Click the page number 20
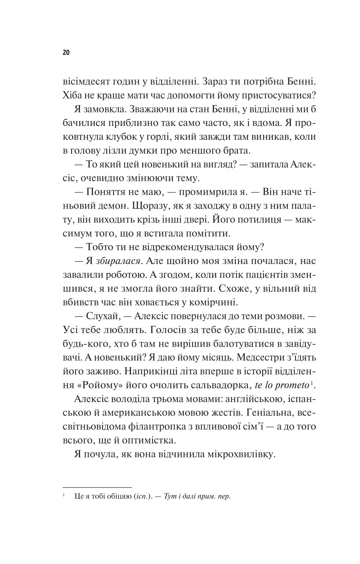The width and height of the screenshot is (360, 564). [x=66, y=53]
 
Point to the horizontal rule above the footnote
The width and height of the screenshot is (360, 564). [x=97, y=487]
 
